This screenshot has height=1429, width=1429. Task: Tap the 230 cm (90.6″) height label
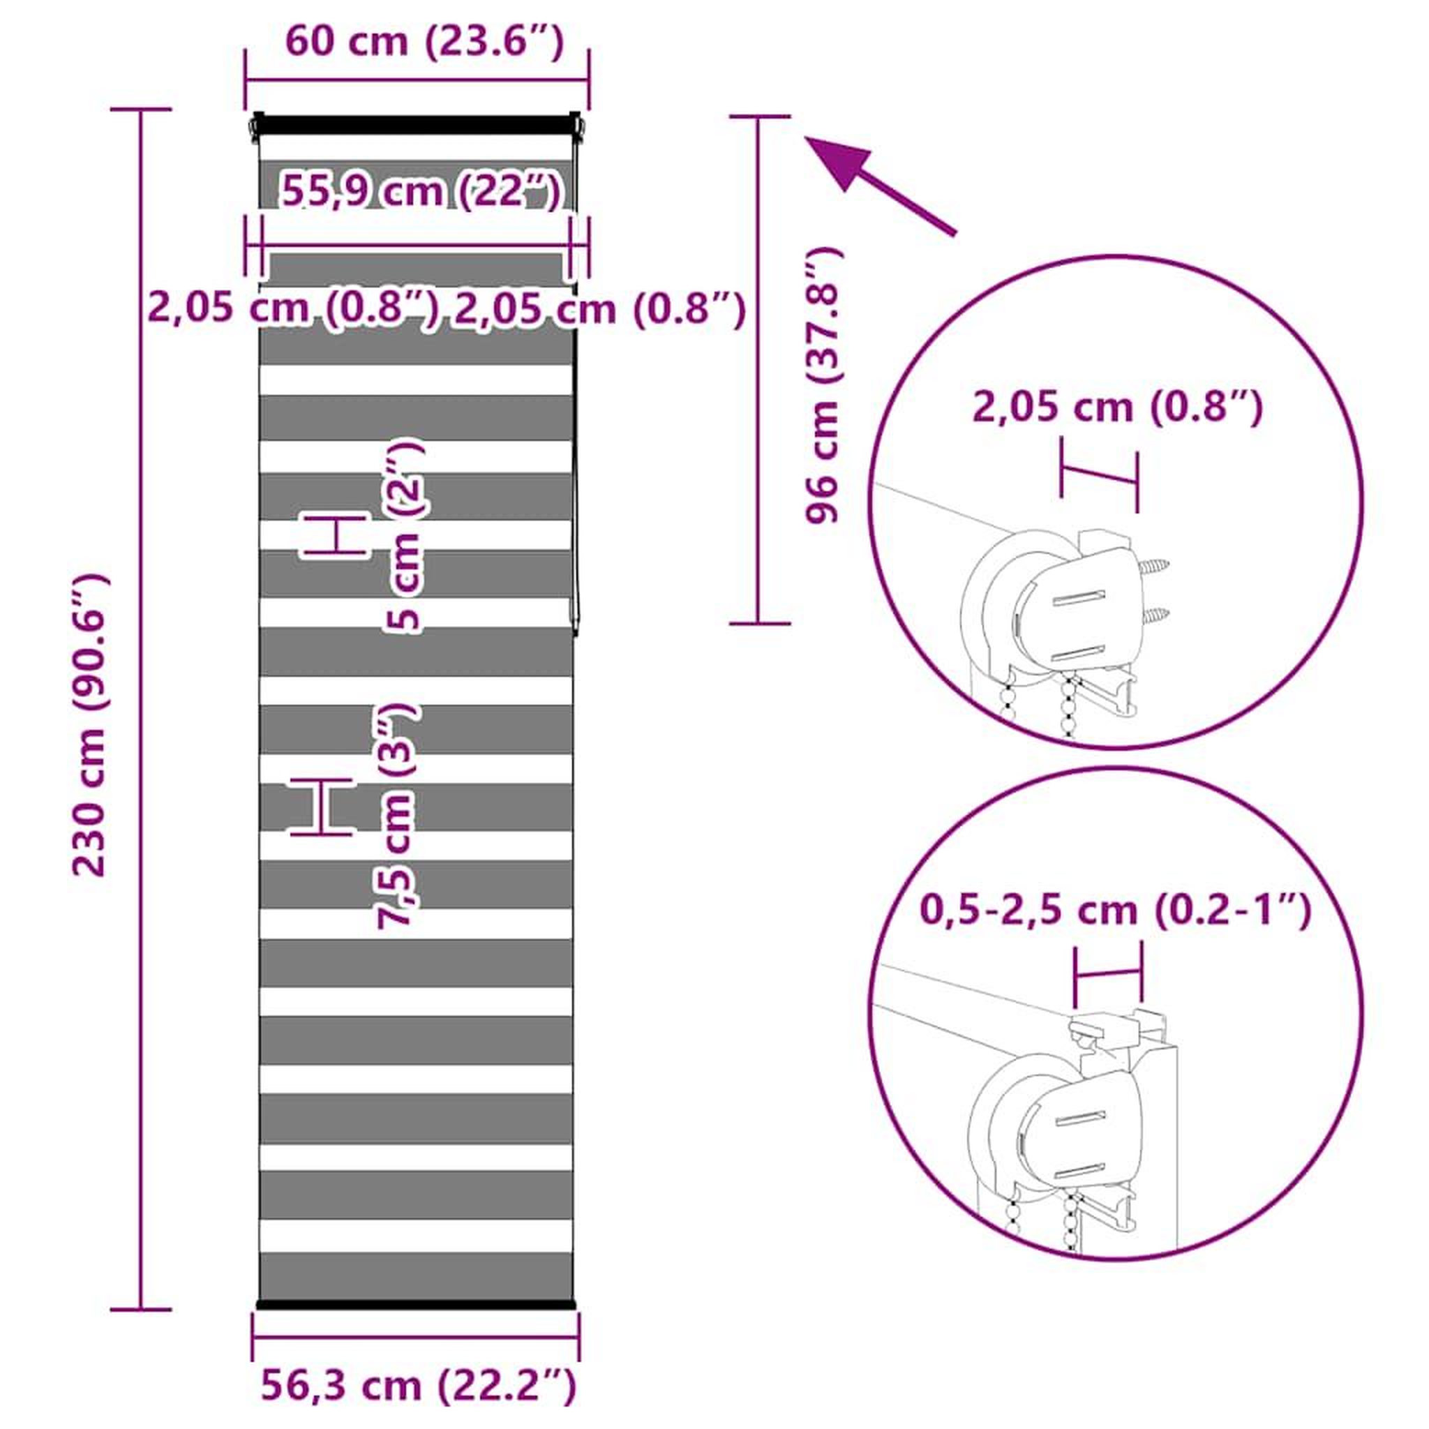pos(91,726)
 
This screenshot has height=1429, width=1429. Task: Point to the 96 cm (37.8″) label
pos(824,385)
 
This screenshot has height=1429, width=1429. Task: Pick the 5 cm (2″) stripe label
pos(404,535)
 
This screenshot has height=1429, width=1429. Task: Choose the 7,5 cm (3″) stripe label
pos(397,816)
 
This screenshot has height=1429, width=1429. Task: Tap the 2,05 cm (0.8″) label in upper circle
pos(1118,407)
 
